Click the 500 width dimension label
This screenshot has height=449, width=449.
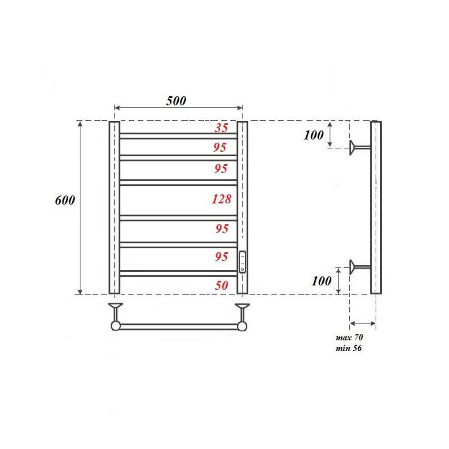176,101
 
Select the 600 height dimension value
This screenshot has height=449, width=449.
65,200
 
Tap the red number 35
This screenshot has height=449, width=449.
221,128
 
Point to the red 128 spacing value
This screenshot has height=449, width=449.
221,199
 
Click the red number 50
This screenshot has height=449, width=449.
221,286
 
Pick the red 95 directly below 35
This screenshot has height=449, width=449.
220,147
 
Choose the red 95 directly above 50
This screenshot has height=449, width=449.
221,257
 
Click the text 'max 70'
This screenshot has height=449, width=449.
350,338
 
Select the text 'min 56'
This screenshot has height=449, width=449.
348,348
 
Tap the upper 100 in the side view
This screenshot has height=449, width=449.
313,135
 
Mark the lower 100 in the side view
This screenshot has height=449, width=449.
321,281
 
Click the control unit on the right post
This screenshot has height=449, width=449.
242,262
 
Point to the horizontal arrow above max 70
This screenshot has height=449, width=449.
363,323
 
